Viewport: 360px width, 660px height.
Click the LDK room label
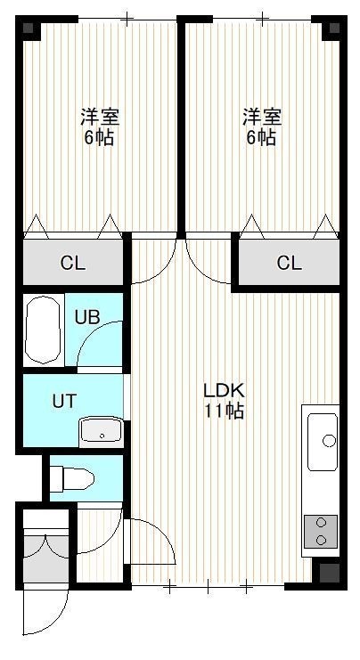click(x=224, y=391)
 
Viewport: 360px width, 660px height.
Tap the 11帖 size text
click(x=224, y=411)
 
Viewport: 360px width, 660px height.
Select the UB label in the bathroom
click(x=87, y=317)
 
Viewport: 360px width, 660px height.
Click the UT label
click(x=64, y=400)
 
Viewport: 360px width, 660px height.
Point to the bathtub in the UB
click(x=42, y=330)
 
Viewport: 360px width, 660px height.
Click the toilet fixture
click(x=71, y=478)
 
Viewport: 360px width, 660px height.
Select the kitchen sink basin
click(x=323, y=442)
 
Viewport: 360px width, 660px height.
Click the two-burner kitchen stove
click(x=321, y=531)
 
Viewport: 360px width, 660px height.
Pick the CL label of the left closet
click(x=73, y=264)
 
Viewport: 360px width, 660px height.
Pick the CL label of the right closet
click(x=290, y=263)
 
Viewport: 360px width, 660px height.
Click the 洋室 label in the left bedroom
click(x=100, y=117)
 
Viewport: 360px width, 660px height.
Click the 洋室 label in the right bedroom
click(x=262, y=117)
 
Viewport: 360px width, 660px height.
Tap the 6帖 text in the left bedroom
click(x=100, y=138)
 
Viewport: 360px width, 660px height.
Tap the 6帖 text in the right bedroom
click(x=261, y=138)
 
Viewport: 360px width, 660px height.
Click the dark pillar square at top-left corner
click(x=29, y=29)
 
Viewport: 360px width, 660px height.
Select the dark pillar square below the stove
click(x=330, y=573)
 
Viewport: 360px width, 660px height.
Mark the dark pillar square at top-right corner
click(x=334, y=29)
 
